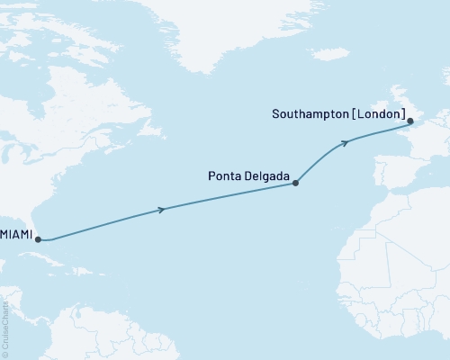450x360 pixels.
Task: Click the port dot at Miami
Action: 37,239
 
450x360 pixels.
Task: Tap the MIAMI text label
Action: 16,235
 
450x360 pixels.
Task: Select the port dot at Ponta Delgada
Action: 296,182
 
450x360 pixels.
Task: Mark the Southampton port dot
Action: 409,121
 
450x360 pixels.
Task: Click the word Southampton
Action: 303,112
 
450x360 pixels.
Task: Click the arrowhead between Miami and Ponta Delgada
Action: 162,210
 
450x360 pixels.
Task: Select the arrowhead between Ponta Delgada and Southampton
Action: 345,142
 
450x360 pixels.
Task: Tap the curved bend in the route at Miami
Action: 52,239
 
